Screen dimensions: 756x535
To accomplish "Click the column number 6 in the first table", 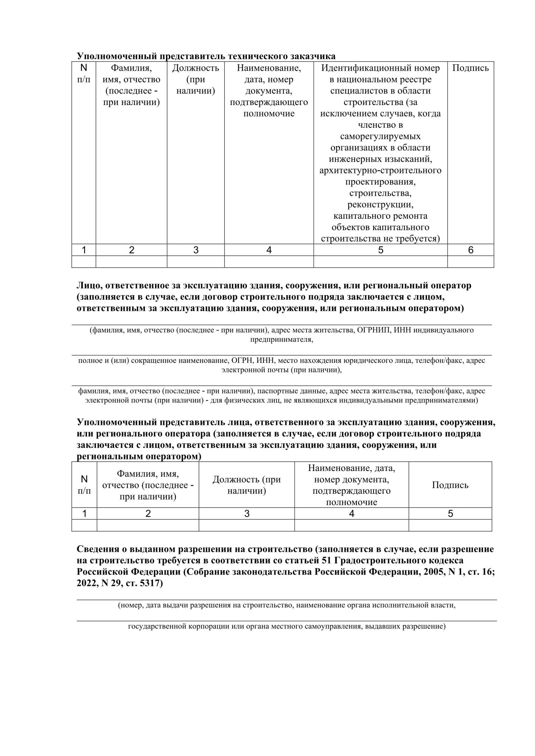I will pos(470,250).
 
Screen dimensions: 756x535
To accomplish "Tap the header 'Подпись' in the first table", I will pos(470,68).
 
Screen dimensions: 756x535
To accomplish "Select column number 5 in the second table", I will pos(450,514).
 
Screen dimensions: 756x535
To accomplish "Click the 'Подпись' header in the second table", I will pos(450,485).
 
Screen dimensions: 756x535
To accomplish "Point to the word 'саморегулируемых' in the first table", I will pos(380,136).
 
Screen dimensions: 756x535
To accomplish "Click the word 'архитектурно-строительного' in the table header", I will pos(380,170).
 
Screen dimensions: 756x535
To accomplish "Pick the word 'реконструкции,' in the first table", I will pos(380,204).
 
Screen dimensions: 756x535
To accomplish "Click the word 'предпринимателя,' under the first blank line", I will pos(282,339).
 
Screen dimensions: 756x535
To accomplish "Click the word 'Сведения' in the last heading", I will pos(98,549).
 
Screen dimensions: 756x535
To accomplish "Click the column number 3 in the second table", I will pos(247,514).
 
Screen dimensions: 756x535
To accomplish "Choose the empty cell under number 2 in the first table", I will pos(131,262).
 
